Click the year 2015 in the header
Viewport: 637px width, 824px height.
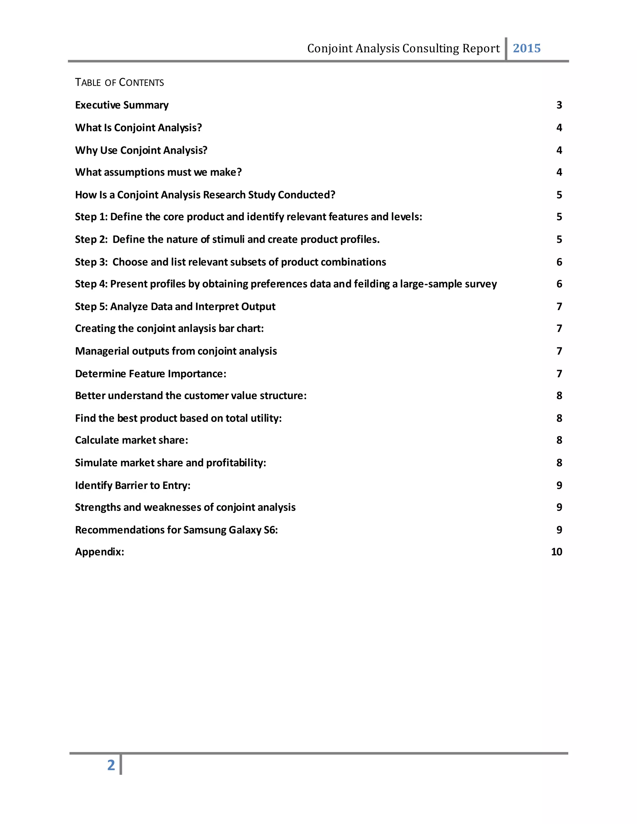click(527, 48)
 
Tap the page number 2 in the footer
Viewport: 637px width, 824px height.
click(111, 765)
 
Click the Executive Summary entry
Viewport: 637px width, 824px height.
click(122, 105)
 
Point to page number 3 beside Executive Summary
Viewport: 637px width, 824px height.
click(559, 105)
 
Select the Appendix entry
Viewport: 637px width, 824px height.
click(99, 552)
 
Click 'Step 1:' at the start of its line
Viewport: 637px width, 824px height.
click(91, 216)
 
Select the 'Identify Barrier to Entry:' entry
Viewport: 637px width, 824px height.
click(133, 485)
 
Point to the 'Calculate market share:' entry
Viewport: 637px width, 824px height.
click(131, 440)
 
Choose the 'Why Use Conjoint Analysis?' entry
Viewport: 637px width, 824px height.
click(141, 150)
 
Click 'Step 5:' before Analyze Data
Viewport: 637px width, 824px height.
click(91, 306)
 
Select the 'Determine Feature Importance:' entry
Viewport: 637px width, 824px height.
click(151, 373)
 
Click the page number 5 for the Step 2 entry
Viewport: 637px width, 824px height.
click(559, 239)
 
